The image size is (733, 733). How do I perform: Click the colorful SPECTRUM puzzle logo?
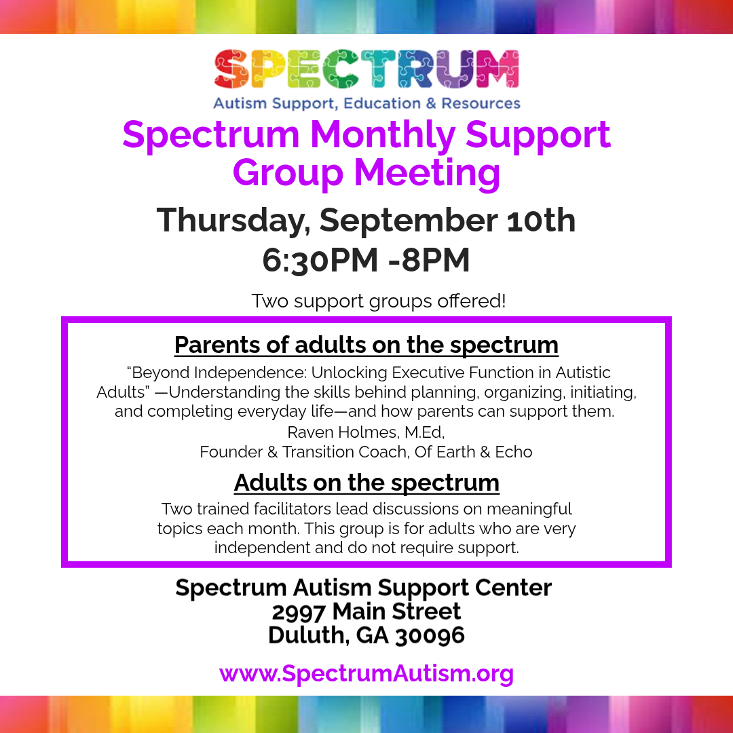[x=366, y=69]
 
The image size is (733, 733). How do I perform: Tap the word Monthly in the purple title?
[x=383, y=136]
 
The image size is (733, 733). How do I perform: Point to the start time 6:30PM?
[x=320, y=260]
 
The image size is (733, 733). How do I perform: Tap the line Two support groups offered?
[x=379, y=301]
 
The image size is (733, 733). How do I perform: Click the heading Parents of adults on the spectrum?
[x=366, y=345]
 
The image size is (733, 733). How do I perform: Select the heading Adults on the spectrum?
[x=366, y=483]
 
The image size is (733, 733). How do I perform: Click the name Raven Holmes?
[x=343, y=432]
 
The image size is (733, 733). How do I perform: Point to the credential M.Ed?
[x=424, y=432]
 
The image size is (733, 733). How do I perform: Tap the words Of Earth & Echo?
[x=473, y=452]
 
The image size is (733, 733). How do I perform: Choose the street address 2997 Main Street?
[x=366, y=612]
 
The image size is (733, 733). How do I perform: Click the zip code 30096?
[x=430, y=635]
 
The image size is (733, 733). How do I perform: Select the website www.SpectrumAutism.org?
[x=366, y=674]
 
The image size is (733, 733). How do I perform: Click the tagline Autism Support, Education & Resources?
[x=366, y=103]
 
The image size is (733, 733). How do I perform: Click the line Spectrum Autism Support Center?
[x=364, y=588]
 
